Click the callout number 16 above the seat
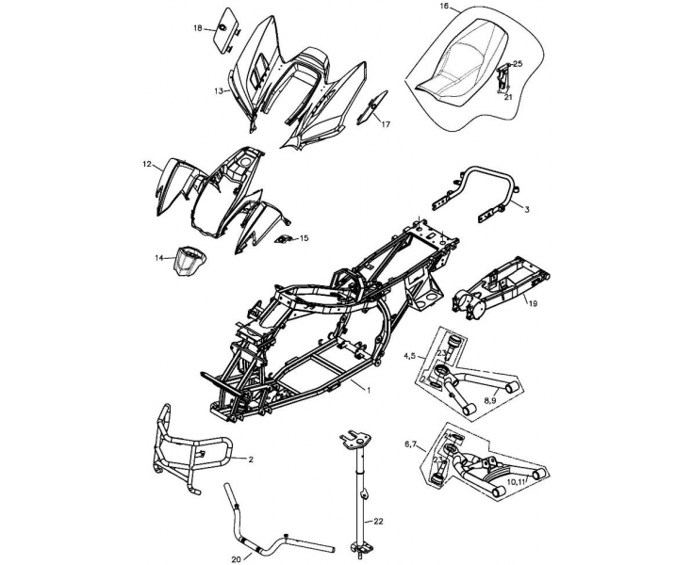coord(444,7)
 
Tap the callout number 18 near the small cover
coord(198,28)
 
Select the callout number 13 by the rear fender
coord(218,91)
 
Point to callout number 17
coord(386,122)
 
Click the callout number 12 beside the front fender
coord(148,164)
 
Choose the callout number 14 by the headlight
coord(159,256)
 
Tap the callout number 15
coord(304,238)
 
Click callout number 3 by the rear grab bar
coord(527,211)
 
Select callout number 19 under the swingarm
coord(532,303)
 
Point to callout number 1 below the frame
coord(370,389)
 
